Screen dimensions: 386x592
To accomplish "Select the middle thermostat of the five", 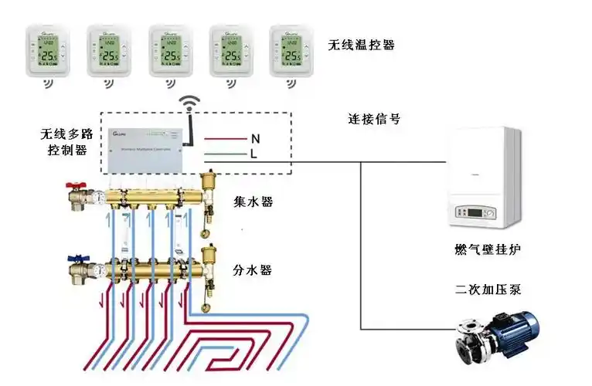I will [171, 50].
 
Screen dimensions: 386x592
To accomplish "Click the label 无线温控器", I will [362, 46].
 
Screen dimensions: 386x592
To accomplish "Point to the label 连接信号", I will [375, 120].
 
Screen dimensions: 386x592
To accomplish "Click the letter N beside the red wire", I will [254, 139].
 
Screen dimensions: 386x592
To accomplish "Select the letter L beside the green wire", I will [253, 154].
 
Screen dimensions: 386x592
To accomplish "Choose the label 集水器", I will [253, 202].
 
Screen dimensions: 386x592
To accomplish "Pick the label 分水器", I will [253, 271].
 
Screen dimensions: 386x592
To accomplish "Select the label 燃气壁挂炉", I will [485, 250].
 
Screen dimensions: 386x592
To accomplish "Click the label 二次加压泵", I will [488, 290].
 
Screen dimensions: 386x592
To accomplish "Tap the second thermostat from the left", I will [109, 50].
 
